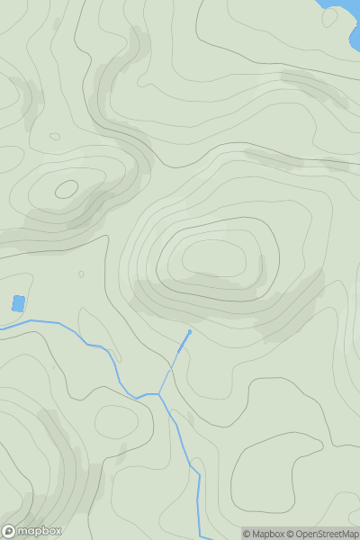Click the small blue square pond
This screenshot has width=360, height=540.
coord(18,303)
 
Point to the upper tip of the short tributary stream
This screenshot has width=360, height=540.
coord(189,331)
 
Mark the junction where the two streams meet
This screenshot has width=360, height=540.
coord(159,394)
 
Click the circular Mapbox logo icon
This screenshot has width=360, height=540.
coord(8,531)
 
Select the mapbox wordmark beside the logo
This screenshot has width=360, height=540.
coord(39,531)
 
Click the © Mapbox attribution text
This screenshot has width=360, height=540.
coord(264,534)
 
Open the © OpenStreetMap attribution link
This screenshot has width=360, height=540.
coord(322,534)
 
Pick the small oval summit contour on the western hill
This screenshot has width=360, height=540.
coord(67,189)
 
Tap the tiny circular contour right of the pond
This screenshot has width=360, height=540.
coord(81,274)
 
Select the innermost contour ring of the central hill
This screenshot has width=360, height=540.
coord(214,259)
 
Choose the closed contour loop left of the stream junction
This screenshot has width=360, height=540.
coord(117,420)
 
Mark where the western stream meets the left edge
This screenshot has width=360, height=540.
coord(2,328)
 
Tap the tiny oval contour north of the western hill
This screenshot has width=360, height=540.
coord(55,137)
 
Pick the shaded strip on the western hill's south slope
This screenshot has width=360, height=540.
coord(54,225)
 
